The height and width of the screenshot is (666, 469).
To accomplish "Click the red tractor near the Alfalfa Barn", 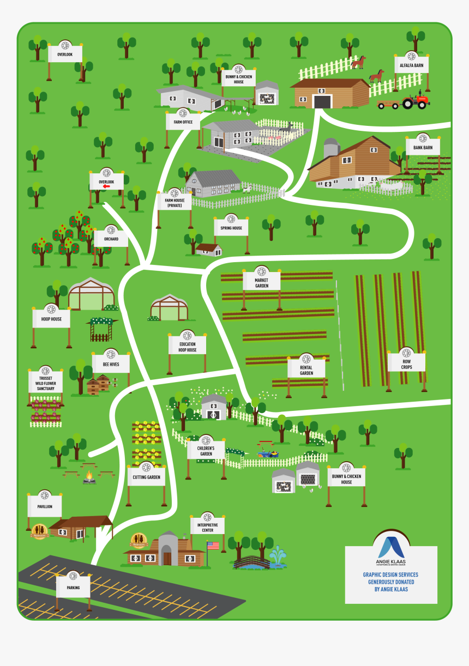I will coord(416,101).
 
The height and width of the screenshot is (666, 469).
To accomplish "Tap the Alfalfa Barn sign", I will coord(411,65).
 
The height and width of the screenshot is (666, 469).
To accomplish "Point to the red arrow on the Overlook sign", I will coord(106,186).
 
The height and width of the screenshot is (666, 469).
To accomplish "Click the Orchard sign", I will coord(111,239).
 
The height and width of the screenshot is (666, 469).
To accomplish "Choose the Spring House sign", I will coord(231,227).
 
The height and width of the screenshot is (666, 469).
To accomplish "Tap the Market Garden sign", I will coord(262,282).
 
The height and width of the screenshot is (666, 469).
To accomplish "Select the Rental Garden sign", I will coord(306,369).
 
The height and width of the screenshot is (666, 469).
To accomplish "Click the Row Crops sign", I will coord(406,363).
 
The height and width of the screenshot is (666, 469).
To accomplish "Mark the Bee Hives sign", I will coord(111,364).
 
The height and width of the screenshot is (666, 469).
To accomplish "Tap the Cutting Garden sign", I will coord(146,476).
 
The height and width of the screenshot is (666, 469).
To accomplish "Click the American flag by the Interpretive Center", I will coord(213,545).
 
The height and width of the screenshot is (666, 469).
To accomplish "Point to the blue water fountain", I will coord(278,557).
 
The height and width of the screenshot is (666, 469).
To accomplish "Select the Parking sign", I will coord(73,587).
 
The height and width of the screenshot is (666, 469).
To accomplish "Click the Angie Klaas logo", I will coord(391,548).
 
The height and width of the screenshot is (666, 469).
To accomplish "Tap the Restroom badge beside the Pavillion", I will coord(39,530).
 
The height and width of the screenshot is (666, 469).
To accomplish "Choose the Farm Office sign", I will coord(183,121).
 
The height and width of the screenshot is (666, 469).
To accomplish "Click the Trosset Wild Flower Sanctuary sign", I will coord(45,383).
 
